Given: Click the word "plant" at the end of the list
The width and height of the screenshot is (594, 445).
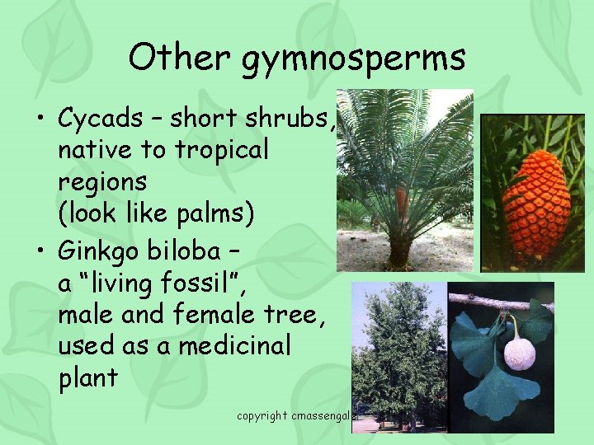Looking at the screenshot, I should [88, 378].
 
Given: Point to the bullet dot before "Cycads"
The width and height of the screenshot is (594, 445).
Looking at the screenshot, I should [40, 119].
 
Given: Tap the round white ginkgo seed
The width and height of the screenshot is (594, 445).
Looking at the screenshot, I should [519, 352].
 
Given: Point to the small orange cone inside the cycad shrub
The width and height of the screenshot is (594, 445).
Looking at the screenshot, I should [402, 200].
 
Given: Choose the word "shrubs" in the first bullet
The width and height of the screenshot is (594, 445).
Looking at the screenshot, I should [290, 119].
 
